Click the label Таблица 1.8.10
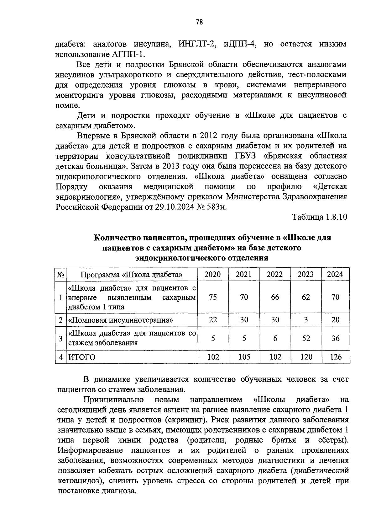pos(320,217)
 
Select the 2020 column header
pos(212,275)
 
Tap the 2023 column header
pos(305,275)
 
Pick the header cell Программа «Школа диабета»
pos(132,275)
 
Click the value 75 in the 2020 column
pos(212,297)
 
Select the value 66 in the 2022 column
pos(275,297)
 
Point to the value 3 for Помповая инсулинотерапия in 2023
pos(306,319)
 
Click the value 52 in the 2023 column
pos(306,338)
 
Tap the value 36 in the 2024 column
pos(336,338)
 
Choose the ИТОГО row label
pos(82,357)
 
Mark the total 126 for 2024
pos(336,357)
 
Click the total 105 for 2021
pos(244,357)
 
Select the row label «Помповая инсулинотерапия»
pos(121,320)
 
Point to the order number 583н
pos(216,207)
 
